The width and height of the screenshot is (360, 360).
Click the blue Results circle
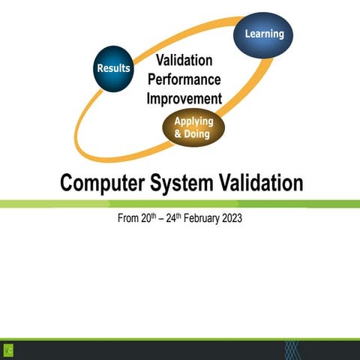click(113, 68)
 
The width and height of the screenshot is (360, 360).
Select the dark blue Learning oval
click(263, 34)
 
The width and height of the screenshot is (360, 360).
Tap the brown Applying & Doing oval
click(193, 128)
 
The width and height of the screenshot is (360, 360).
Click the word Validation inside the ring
click(184, 60)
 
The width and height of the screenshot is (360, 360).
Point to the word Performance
click(184, 79)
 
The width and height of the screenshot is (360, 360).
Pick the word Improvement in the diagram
click(184, 98)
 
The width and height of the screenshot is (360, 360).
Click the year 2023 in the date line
click(229, 219)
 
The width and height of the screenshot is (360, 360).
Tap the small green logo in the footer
click(8, 349)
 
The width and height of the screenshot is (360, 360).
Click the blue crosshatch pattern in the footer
click(292, 349)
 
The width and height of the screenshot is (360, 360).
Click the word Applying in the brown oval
click(193, 121)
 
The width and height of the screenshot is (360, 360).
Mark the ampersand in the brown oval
click(179, 135)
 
